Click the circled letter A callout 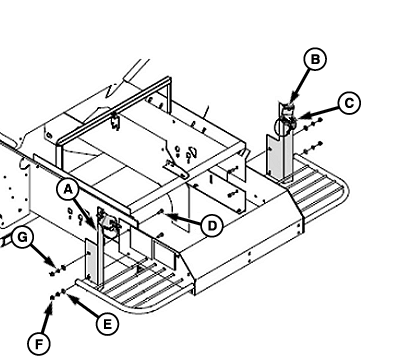coord(68,189)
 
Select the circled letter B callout coord(315,59)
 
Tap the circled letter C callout coord(349,103)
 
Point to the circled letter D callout coord(212,226)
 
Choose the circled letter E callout coord(107,324)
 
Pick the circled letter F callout coord(39,344)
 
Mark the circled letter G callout coord(22,237)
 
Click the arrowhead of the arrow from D coord(167,215)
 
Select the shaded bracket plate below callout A coord(90,259)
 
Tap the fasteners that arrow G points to coord(57,270)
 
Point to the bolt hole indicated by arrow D coord(161,211)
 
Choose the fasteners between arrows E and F coord(57,294)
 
